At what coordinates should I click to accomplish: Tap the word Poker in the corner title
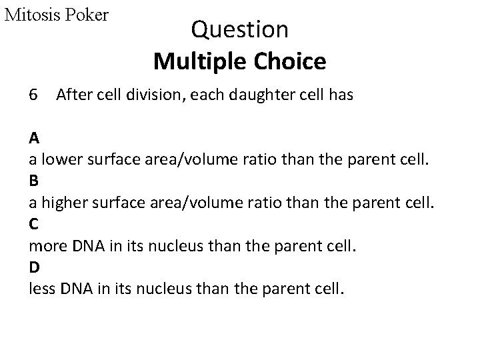click(87, 15)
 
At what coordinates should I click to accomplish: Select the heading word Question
click(239, 30)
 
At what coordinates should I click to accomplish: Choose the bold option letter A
click(33, 139)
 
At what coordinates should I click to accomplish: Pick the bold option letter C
click(33, 225)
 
